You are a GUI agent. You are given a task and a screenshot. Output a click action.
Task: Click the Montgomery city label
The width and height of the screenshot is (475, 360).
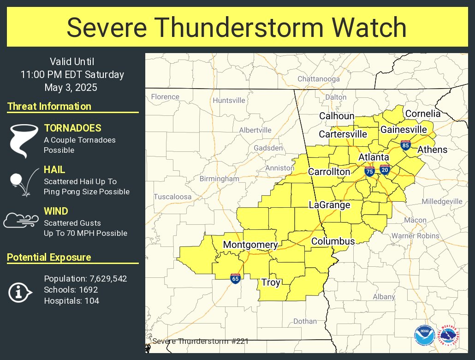point(250,245)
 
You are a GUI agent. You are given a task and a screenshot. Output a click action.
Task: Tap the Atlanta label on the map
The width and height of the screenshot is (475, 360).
point(374,157)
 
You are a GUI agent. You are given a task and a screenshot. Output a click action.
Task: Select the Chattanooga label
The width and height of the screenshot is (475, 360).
point(319,79)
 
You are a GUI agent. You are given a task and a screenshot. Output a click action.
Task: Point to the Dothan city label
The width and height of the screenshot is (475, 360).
point(305,321)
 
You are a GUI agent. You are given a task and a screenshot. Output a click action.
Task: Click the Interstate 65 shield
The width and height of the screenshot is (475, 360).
point(235,278)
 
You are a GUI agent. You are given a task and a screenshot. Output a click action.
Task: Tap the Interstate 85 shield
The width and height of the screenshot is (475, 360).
point(405,145)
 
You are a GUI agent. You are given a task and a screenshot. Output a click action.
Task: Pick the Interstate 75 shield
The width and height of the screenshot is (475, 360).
point(369,172)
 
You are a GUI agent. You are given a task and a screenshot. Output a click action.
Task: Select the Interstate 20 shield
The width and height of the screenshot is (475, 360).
point(385,169)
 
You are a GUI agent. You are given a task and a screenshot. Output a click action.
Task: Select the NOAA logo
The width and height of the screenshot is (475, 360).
point(424,335)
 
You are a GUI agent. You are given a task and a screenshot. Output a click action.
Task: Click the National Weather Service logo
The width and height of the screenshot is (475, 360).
point(449,335)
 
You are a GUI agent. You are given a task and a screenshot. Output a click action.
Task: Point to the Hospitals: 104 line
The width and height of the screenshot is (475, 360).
point(71,301)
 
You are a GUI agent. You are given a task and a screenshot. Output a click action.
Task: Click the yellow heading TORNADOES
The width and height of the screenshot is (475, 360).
point(72,128)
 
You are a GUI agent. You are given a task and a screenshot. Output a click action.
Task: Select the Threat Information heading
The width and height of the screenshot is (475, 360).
point(49,106)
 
